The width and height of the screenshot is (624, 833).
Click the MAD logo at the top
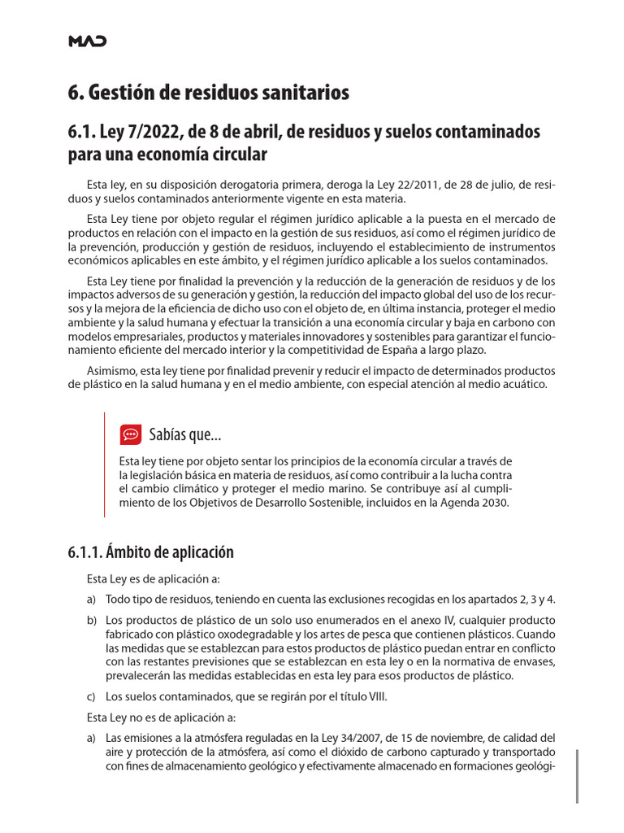pos(86,41)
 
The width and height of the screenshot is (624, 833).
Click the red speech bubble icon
pos(130,434)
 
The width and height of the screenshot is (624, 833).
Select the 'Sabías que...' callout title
pos(185,435)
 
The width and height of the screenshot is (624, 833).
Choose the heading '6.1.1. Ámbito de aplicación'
pos(151,552)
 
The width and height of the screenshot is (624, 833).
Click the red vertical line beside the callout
pos(104,464)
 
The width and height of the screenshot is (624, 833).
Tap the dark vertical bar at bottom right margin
pos(577,776)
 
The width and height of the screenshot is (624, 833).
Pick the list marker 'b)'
pos(93,619)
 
